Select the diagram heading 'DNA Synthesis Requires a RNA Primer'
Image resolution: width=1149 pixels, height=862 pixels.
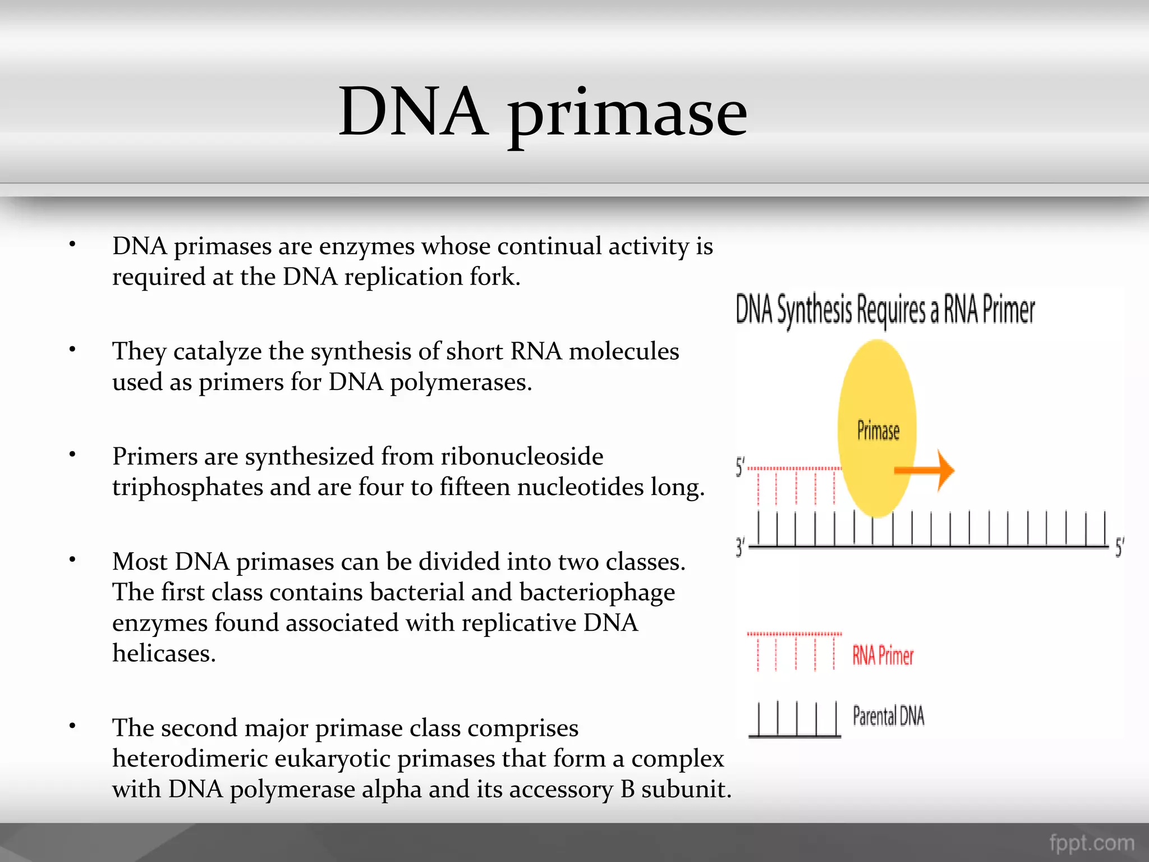click(x=885, y=310)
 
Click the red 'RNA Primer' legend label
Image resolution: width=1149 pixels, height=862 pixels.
click(x=883, y=655)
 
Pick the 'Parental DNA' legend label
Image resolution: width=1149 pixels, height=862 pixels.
click(x=888, y=716)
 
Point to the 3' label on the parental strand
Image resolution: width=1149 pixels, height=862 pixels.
click(x=741, y=547)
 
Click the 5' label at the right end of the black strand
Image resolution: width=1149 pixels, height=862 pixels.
click(x=1119, y=547)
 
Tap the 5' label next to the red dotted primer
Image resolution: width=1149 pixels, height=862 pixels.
click(x=741, y=467)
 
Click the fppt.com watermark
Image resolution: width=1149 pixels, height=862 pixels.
click(x=1092, y=842)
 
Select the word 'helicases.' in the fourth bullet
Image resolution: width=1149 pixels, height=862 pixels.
click(x=164, y=653)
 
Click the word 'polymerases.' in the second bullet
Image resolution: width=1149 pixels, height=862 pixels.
click(x=461, y=383)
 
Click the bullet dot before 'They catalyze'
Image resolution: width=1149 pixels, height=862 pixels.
click(x=72, y=350)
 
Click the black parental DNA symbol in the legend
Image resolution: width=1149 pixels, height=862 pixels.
click(x=794, y=719)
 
